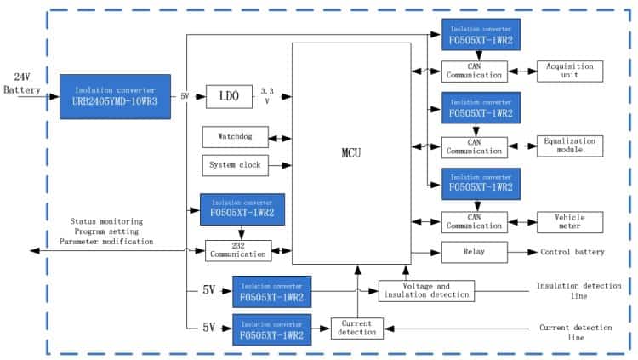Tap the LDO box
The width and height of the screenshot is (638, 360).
230,97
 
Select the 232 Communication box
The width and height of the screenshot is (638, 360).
237,250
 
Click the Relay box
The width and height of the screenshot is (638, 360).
474,253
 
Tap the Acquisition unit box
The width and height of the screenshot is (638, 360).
569,71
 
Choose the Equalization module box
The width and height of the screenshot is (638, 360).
569,146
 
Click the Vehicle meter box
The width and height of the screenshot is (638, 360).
569,222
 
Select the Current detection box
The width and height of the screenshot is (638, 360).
356,328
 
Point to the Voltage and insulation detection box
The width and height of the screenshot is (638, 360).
426,290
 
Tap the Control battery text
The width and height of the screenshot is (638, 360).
572,253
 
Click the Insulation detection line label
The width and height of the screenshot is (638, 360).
578,290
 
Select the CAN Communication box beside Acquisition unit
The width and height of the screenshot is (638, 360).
474,71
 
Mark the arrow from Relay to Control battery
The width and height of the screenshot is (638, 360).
523,253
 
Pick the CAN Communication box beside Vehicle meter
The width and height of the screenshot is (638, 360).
474,222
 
